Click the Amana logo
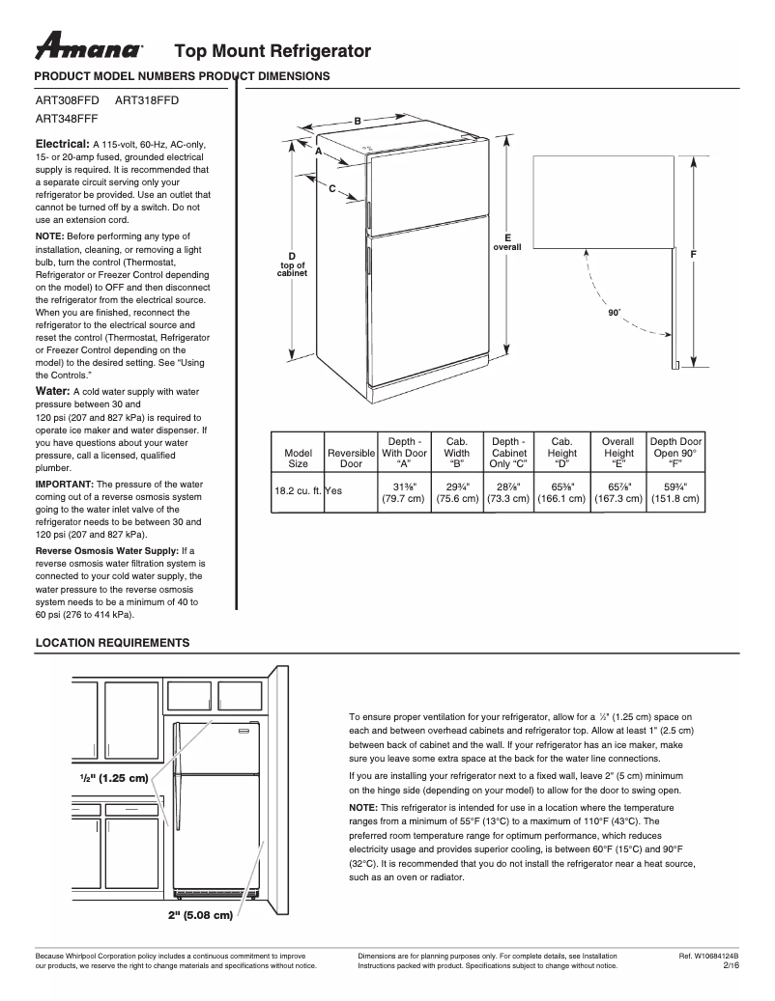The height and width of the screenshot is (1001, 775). pos(89,46)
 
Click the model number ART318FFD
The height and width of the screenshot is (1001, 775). pos(147,100)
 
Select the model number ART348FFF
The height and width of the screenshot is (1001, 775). pos(66,120)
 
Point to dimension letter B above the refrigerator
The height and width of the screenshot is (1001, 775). pos(357,121)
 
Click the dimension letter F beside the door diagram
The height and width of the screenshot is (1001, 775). pos(693,253)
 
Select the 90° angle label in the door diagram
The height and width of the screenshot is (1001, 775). pos(614,313)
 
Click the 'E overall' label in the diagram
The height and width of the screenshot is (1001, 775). pos(506,242)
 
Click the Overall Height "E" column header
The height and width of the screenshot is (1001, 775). pos(618,452)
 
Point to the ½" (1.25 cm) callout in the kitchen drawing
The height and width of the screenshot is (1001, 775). pos(113,777)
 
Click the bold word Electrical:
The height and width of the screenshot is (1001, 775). pos(62,143)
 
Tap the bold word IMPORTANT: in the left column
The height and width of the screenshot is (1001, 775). pos(65,484)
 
